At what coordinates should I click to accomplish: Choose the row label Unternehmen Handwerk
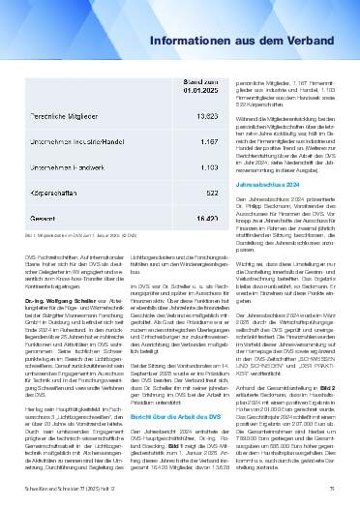69,166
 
